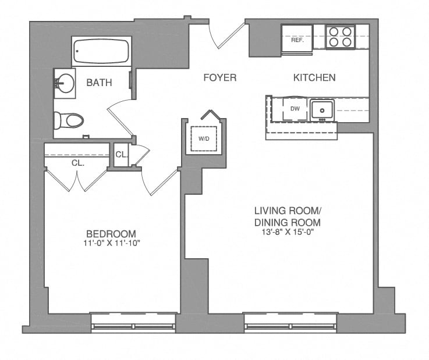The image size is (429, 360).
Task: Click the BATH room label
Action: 99,83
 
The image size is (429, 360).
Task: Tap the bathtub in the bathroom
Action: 101,52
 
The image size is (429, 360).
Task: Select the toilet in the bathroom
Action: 68,120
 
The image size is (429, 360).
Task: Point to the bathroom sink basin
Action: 65,81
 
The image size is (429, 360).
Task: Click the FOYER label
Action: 219,77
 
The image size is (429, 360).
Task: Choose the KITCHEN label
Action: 314,77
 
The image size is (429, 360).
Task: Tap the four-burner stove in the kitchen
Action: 341,37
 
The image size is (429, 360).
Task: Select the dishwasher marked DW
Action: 295,109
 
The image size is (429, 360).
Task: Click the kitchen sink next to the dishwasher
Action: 321,109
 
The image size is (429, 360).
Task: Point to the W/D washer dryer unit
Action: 204,138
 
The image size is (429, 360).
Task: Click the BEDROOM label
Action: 111,233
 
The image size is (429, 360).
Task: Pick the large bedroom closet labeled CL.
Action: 77,163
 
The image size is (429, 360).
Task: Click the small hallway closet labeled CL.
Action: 121,155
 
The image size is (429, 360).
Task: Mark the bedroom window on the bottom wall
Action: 133,323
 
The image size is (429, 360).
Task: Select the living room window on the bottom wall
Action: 290,323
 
